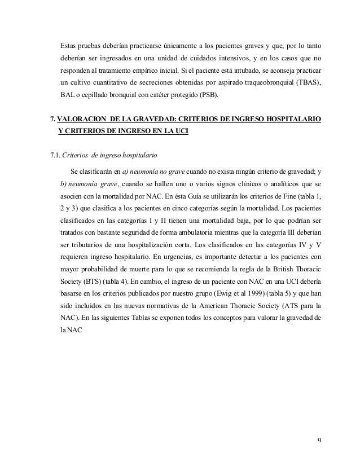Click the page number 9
click(319, 439)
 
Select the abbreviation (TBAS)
click(305, 83)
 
